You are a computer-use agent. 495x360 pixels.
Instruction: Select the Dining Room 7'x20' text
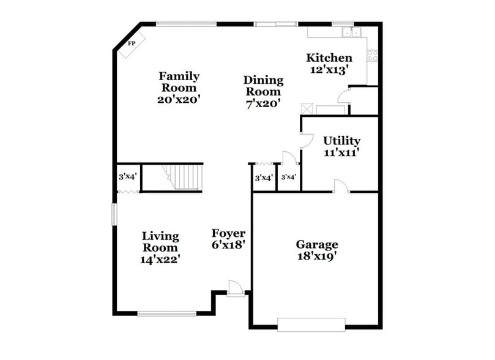pyautogui.click(x=263, y=92)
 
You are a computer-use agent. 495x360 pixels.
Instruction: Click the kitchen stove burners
pyautogui.click(x=371, y=55)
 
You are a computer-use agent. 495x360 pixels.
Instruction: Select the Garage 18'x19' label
pyautogui.click(x=317, y=249)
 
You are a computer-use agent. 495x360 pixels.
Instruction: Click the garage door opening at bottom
pyautogui.click(x=311, y=324)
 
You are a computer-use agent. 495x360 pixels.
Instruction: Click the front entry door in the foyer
pyautogui.click(x=235, y=288)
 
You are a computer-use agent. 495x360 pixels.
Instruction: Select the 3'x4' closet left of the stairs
pyautogui.click(x=128, y=178)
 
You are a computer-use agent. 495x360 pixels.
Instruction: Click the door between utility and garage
pyautogui.click(x=341, y=186)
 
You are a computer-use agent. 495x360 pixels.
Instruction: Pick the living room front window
pyautogui.click(x=166, y=314)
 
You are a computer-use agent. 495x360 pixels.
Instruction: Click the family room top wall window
pyautogui.click(x=186, y=24)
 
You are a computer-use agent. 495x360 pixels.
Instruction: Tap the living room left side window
pyautogui.click(x=114, y=214)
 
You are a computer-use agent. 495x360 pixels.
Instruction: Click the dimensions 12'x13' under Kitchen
pyautogui.click(x=329, y=70)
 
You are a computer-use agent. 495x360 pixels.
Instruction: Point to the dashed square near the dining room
pyautogui.click(x=307, y=109)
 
